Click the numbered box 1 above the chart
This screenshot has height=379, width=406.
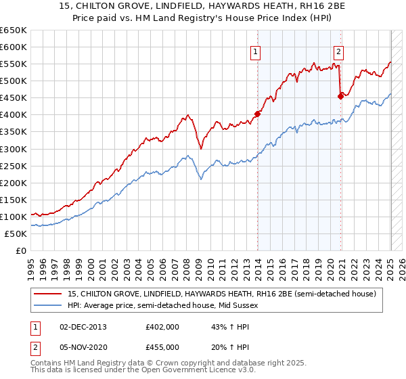256,51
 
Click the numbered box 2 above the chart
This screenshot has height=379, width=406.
338,51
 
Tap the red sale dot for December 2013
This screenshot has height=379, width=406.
257,114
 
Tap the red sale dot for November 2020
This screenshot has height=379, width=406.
340,96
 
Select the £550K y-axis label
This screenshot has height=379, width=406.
14,64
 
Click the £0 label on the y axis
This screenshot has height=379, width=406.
20,250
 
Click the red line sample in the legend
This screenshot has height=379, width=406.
49,293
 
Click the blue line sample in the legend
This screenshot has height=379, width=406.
49,305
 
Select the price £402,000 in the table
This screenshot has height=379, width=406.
162,327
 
